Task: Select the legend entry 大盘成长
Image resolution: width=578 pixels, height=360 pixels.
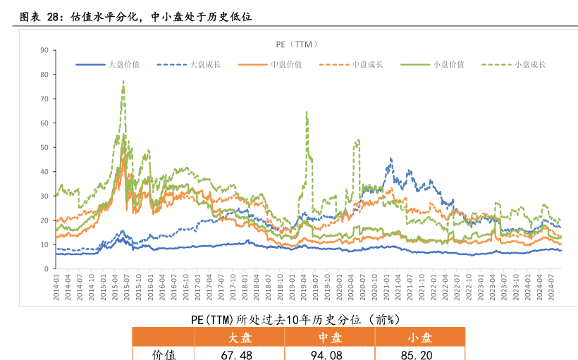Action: (205, 65)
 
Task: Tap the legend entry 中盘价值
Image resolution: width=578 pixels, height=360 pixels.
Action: (286, 65)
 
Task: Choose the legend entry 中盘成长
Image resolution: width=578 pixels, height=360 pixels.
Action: (367, 65)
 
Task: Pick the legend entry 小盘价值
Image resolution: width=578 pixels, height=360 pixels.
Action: (448, 65)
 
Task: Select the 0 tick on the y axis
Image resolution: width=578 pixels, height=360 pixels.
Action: (46, 269)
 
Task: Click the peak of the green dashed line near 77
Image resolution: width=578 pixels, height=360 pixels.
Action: (123, 82)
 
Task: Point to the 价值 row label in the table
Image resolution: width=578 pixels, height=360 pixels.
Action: (164, 354)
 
